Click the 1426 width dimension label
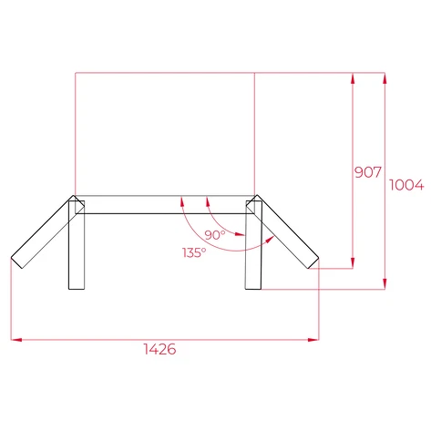click(159, 350)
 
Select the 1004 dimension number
click(406, 185)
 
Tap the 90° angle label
click(215, 235)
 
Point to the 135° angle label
click(193, 251)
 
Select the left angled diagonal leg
click(42, 232)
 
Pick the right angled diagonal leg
click(287, 232)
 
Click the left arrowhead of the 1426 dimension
click(14, 340)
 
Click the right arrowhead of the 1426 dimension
click(315, 340)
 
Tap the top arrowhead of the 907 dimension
click(352, 77)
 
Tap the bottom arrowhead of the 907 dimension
click(352, 265)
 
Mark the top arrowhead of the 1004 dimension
click(386, 77)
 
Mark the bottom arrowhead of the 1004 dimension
click(386, 285)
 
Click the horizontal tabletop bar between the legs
click(164, 205)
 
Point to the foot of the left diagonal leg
click(15, 262)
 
